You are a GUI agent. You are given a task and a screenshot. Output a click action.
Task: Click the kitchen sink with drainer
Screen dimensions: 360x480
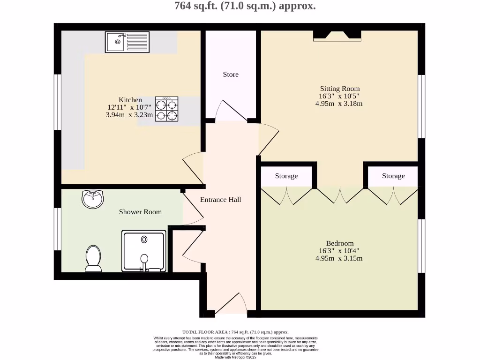tap(127, 42)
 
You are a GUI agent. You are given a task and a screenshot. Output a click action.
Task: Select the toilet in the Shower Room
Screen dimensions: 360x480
tap(93, 258)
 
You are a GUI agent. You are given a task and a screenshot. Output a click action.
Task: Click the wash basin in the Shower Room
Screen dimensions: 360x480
tap(93, 199)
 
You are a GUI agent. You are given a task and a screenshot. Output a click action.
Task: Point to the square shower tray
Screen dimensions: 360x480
tap(144, 251)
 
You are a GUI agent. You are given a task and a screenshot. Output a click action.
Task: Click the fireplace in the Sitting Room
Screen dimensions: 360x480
tap(337, 35)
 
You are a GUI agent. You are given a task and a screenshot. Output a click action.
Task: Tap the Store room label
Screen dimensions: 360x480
tap(231, 75)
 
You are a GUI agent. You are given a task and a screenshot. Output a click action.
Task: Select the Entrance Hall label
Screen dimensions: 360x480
tap(220, 200)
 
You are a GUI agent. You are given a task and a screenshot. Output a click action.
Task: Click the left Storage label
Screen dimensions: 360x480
tap(286, 176)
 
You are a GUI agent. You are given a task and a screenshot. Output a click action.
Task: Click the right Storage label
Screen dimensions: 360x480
tap(393, 176)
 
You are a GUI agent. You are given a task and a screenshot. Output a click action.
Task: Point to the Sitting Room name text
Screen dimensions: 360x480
tap(340, 89)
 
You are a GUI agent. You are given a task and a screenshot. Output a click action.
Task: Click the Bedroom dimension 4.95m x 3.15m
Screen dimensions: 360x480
tap(339, 258)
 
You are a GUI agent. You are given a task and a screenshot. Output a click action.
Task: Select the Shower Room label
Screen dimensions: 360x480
tap(140, 212)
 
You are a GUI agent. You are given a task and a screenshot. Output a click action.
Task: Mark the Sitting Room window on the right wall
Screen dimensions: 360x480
tap(421, 106)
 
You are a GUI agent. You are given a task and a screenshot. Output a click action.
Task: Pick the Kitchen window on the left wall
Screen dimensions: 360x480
tap(57, 101)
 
